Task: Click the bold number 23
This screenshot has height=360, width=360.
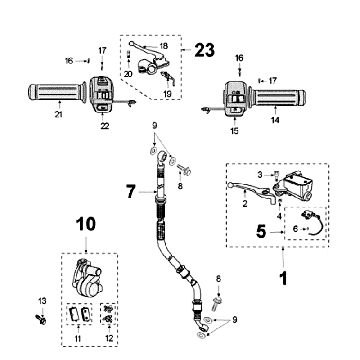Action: click(205, 50)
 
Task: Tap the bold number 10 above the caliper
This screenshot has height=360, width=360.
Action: click(86, 224)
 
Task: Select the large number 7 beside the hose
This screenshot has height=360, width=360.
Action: click(131, 191)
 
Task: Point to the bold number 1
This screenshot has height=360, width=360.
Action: click(283, 278)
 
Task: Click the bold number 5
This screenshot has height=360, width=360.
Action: click(262, 231)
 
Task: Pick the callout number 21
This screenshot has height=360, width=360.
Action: click(59, 115)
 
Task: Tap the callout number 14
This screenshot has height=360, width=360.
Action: click(275, 120)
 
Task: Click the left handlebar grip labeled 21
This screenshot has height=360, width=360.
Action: click(56, 92)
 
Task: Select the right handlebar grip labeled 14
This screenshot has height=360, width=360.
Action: click(278, 98)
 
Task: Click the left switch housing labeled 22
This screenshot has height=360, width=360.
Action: click(102, 94)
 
